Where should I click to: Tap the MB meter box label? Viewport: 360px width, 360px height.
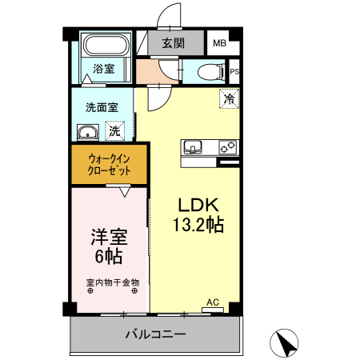[x=218, y=43]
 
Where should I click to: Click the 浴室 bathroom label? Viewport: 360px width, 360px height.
[x=103, y=69]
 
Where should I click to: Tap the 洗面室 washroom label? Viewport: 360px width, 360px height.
[x=102, y=106]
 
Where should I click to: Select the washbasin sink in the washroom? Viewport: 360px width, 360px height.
[x=88, y=131]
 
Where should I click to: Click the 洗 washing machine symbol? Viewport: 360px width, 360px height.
[x=115, y=130]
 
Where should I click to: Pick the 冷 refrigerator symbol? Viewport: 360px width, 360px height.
[x=229, y=100]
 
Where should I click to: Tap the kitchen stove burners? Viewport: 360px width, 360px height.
[x=226, y=146]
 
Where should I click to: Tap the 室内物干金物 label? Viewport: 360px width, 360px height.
[x=112, y=282]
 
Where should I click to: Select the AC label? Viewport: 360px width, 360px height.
[x=213, y=302]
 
